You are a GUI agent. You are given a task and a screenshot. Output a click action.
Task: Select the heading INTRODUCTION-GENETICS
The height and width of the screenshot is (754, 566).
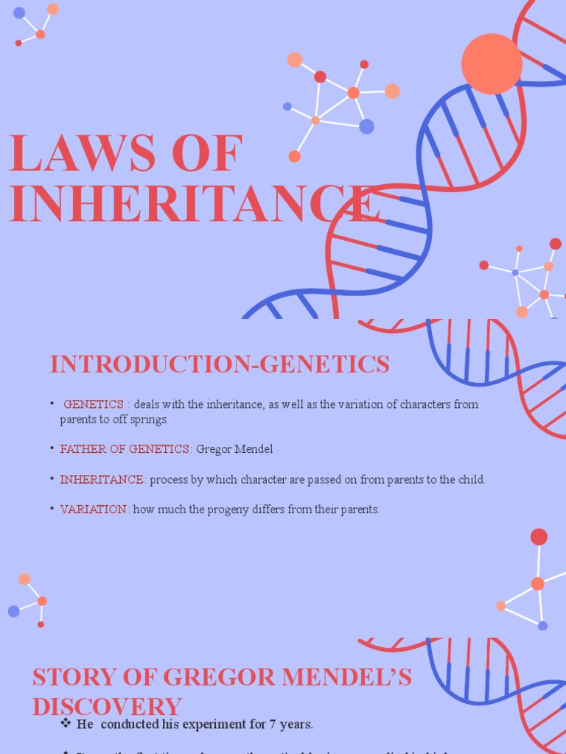tap(219, 364)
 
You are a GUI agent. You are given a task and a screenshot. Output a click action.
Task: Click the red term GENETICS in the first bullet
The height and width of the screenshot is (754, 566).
tap(94, 404)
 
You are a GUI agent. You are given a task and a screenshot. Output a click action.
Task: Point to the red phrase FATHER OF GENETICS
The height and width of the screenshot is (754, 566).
tap(125, 449)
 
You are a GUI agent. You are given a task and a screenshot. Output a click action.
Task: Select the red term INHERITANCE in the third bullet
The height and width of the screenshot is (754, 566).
tap(102, 479)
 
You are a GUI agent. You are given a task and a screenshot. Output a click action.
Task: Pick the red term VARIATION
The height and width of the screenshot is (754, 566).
tap(94, 510)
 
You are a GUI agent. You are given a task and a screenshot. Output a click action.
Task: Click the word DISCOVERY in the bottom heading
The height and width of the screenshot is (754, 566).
tap(107, 707)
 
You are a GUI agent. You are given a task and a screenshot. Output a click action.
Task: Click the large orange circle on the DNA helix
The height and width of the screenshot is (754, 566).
tap(492, 64)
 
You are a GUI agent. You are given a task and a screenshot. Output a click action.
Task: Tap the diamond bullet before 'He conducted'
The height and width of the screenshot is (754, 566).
tap(66, 724)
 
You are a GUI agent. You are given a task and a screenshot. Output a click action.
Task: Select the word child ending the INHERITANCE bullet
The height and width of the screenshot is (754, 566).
tap(471, 479)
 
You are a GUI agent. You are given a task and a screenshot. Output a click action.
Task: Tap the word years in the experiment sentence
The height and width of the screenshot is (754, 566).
tap(296, 725)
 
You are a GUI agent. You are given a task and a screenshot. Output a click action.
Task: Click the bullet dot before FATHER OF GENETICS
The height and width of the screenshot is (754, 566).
tap(52, 448)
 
